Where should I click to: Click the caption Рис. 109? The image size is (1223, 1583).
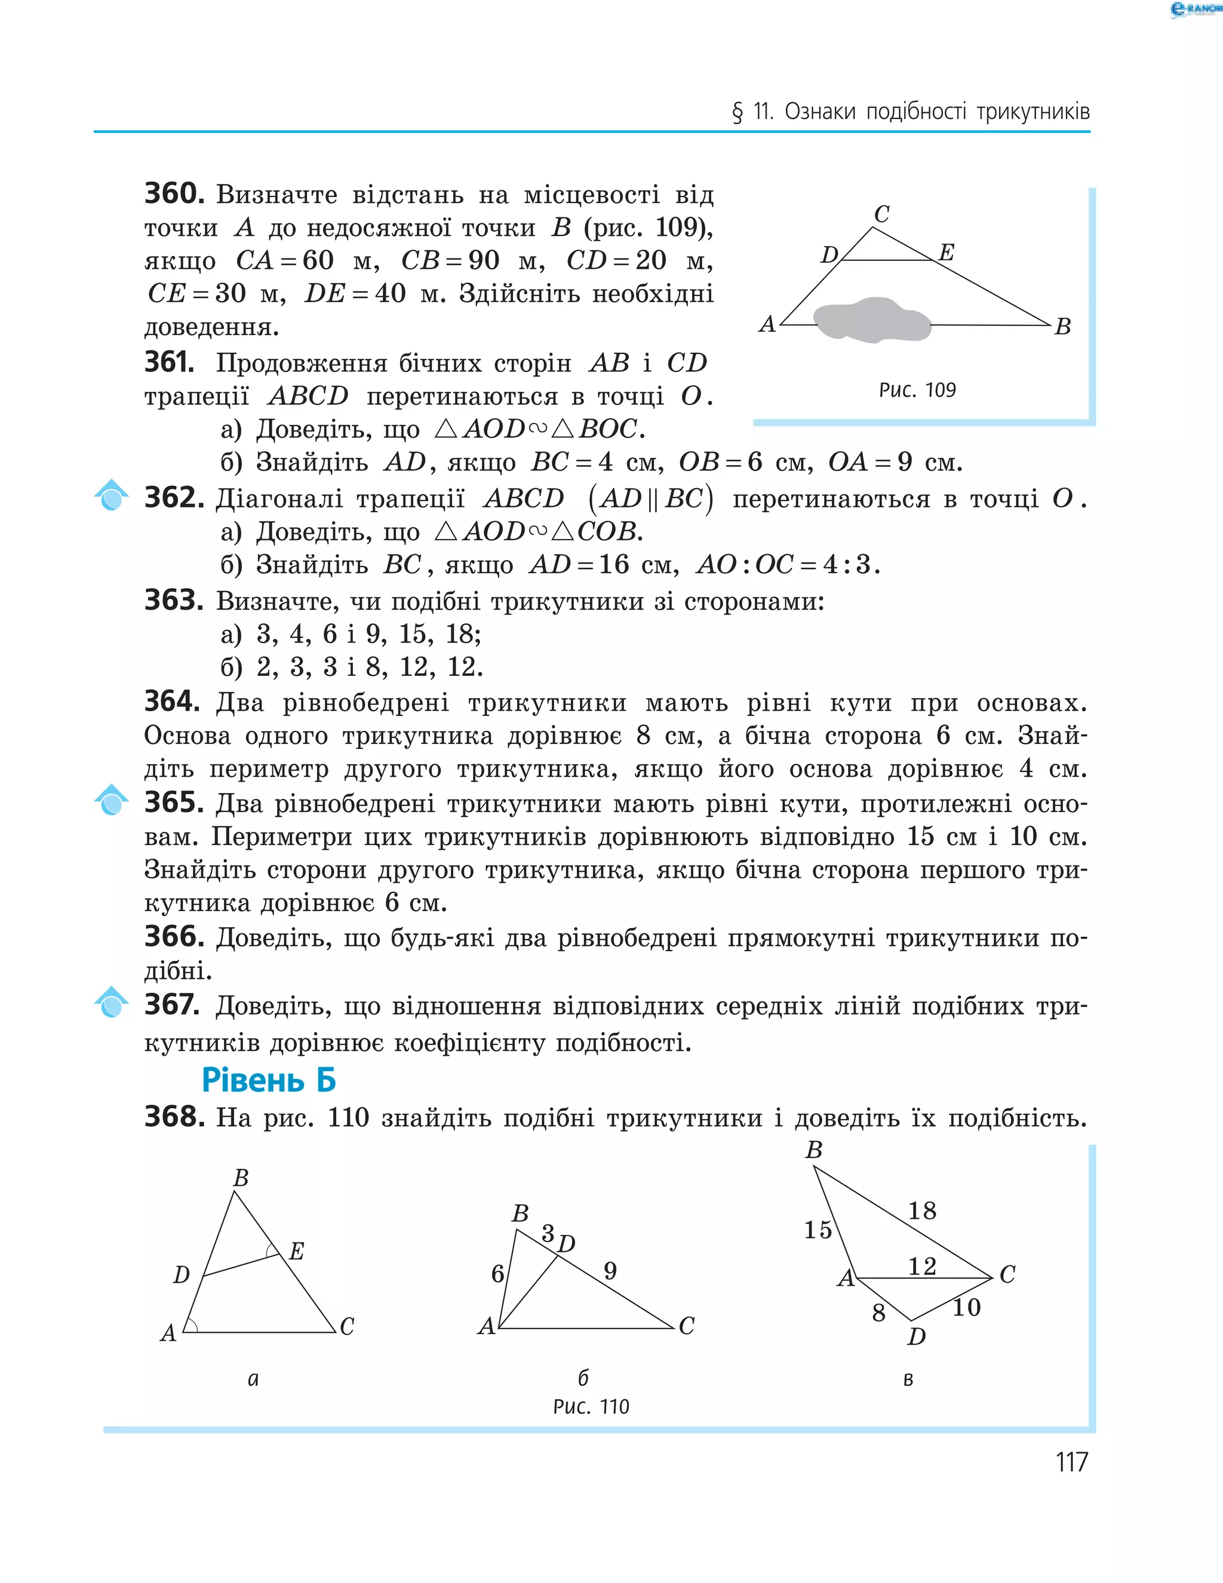point(917,390)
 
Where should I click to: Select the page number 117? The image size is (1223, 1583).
point(1071,1462)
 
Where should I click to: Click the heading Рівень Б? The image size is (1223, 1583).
point(269,1080)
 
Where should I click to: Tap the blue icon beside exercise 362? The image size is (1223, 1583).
point(112,495)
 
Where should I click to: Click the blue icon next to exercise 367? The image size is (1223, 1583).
point(112,1003)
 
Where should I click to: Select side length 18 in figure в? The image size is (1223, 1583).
point(922,1210)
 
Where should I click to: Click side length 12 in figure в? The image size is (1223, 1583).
point(922,1265)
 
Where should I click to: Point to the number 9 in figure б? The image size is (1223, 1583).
point(610,1271)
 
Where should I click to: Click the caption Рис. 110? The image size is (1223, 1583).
point(591,1407)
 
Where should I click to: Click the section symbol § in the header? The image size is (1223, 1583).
point(738,112)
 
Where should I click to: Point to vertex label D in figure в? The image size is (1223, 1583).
point(916,1336)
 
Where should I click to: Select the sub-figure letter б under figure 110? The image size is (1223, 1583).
point(583,1377)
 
